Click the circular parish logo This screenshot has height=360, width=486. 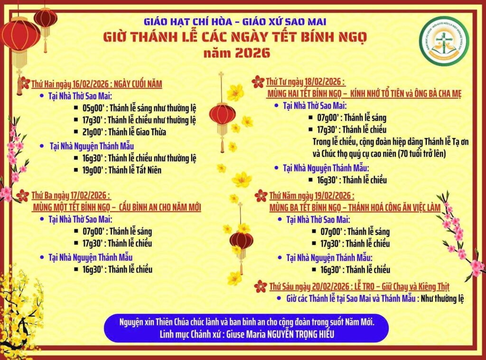(x=444, y=41)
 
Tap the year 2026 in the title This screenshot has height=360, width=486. (x=252, y=53)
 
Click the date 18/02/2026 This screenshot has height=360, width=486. (x=323, y=82)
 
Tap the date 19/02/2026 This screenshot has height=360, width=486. (x=333, y=196)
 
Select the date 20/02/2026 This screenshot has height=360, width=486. (x=330, y=286)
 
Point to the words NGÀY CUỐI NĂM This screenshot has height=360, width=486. (x=138, y=83)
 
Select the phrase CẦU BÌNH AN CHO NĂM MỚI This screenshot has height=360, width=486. (x=160, y=207)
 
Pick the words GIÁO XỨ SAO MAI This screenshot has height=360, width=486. (x=284, y=22)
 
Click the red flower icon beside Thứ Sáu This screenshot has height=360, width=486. (x=261, y=286)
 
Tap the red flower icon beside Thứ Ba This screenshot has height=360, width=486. (x=23, y=195)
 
